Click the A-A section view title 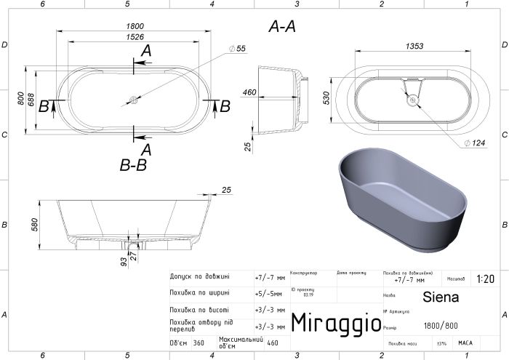(x=281, y=27)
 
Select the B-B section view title (x=133, y=166)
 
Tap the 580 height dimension (x=33, y=225)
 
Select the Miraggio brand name (x=336, y=321)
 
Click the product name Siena (x=441, y=297)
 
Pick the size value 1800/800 (x=441, y=325)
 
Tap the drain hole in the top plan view (x=133, y=100)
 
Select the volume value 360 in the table (x=199, y=343)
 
